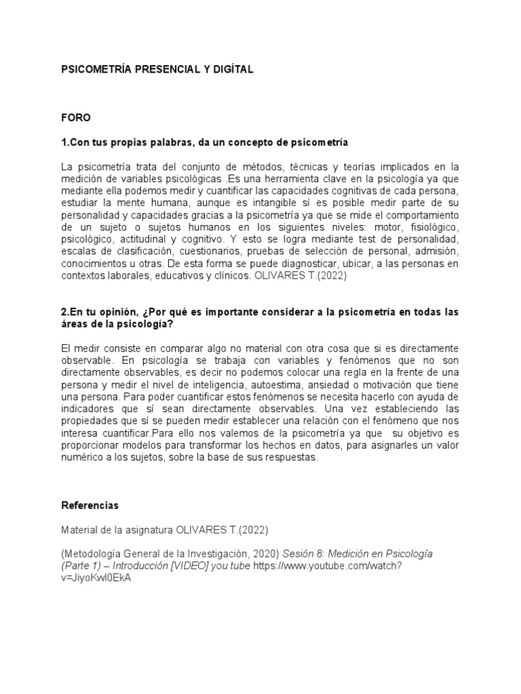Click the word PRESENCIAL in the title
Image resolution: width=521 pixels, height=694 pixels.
click(x=158, y=69)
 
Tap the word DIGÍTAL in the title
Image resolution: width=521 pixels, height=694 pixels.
click(x=231, y=69)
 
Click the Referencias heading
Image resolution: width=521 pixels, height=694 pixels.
click(x=90, y=506)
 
